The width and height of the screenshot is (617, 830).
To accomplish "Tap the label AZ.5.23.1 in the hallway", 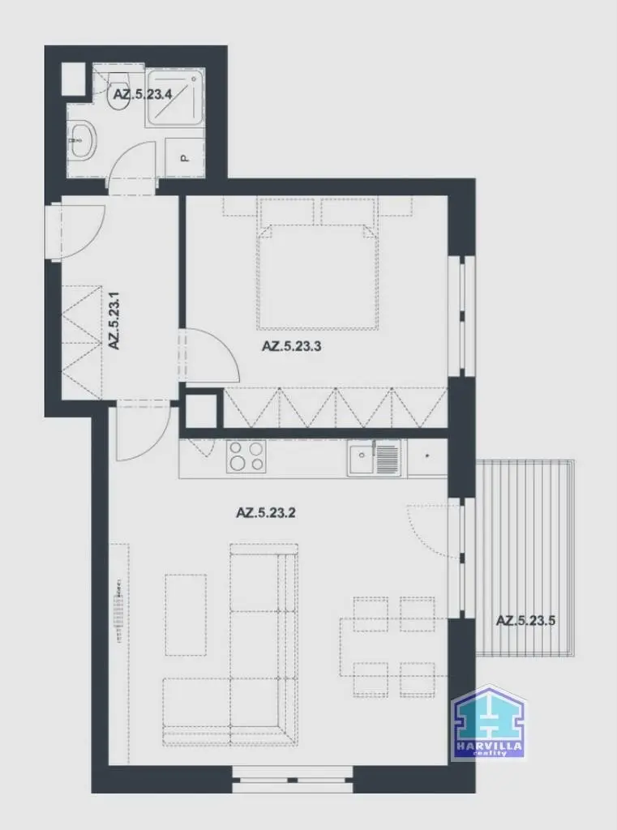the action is point(114,320).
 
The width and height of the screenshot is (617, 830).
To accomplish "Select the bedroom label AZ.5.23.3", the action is point(291,347).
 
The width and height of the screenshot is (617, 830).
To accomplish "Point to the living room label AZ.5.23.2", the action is point(265,512).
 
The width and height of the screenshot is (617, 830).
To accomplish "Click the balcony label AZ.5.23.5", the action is point(525,620).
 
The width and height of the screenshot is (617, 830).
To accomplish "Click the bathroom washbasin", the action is point(83,139).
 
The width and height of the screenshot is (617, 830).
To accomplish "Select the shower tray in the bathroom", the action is point(175,97).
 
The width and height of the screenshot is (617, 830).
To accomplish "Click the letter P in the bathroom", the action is point(185,158).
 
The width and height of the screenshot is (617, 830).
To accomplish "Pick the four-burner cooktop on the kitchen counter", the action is point(246,457).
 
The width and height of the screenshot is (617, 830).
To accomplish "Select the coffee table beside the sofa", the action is point(186,615).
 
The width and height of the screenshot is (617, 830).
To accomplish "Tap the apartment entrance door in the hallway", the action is point(79,231).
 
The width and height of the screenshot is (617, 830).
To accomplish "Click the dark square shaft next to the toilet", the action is point(74,79).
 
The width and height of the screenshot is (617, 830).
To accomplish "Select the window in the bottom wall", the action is point(293,779).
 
